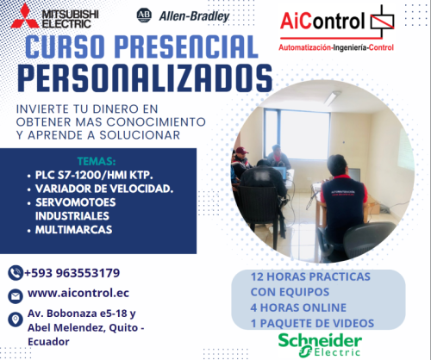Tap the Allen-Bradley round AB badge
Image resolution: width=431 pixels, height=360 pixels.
[x=144, y=15]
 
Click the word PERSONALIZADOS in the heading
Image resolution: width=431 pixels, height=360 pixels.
[x=143, y=77]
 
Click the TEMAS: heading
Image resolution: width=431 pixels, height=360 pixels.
[x=96, y=160]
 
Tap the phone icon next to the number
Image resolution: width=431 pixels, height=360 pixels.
[x=15, y=273]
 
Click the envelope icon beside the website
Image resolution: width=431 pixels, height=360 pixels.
[x=15, y=295]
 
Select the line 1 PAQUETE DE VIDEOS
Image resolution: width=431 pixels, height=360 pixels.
[x=313, y=322]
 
